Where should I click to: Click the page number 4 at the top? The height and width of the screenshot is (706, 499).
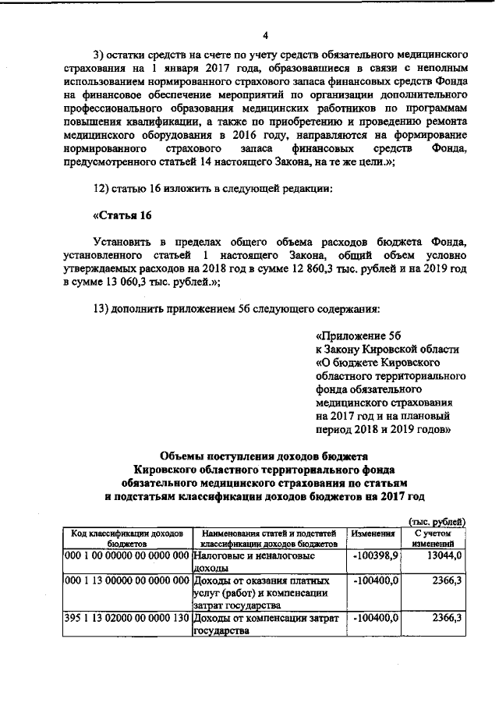[265, 35]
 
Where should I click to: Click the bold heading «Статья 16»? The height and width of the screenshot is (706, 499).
[122, 215]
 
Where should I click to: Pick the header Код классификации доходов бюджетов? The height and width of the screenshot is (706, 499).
[126, 538]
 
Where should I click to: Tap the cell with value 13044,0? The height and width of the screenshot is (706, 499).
[447, 555]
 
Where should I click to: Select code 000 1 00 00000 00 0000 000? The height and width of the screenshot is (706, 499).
[127, 555]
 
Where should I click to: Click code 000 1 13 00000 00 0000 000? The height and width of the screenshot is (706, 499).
[127, 581]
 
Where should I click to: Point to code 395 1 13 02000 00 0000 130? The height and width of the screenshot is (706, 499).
[127, 618]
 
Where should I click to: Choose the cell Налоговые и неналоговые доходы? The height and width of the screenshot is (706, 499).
[265, 562]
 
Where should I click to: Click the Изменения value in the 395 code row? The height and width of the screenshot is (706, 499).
[377, 618]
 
